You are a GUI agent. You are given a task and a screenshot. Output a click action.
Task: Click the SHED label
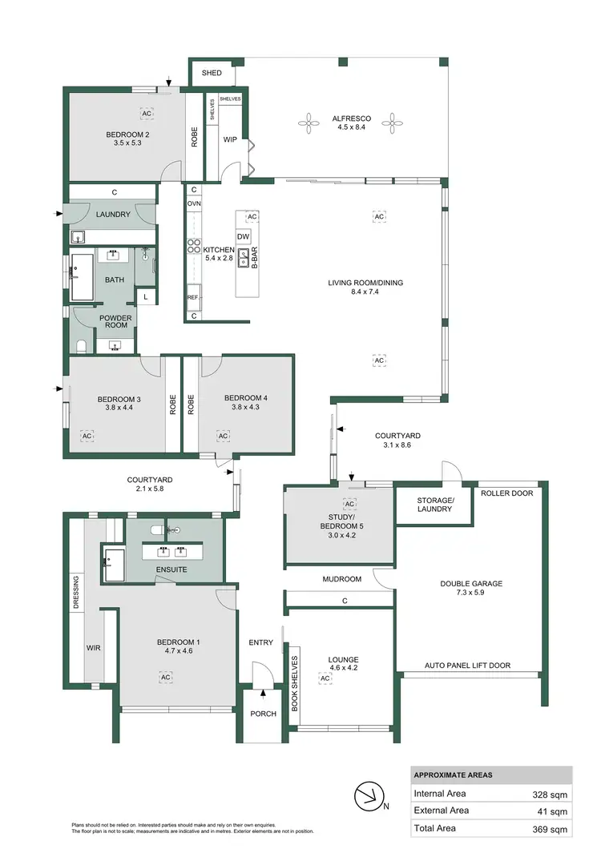pos(212,73)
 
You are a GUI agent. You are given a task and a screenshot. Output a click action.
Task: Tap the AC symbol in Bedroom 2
pos(147,113)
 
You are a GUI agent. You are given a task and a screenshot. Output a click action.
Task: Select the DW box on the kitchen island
pos(244,236)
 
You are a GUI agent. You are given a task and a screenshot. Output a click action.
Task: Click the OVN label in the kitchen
pos(194,204)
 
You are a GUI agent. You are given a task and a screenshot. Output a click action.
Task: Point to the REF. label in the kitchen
pos(193,297)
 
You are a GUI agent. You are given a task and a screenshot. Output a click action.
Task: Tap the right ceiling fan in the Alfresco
pos(392,123)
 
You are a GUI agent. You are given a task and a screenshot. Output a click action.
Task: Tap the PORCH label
pos(263,714)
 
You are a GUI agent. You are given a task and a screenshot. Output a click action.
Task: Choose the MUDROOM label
pos(342,579)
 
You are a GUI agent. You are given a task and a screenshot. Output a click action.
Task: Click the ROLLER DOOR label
pos(506,493)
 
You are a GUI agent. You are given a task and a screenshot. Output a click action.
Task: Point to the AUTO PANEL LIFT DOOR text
pos(467,666)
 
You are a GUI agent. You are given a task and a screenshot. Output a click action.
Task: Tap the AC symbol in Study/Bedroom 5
pos(349,504)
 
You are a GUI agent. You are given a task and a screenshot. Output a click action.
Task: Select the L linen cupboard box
pos(145,297)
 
